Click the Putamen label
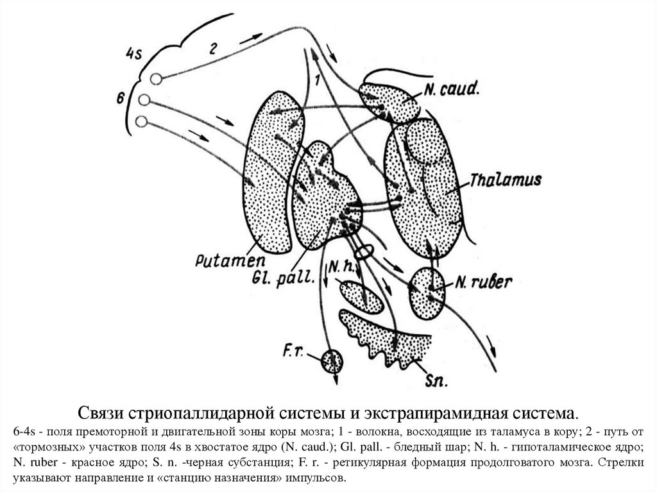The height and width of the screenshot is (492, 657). [221, 261]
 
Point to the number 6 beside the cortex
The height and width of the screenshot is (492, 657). [119, 98]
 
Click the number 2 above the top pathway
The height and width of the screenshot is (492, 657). [214, 47]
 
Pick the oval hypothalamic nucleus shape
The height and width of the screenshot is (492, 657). [361, 297]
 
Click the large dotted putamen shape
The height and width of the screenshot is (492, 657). [269, 173]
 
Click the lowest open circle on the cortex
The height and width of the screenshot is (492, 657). [142, 121]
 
